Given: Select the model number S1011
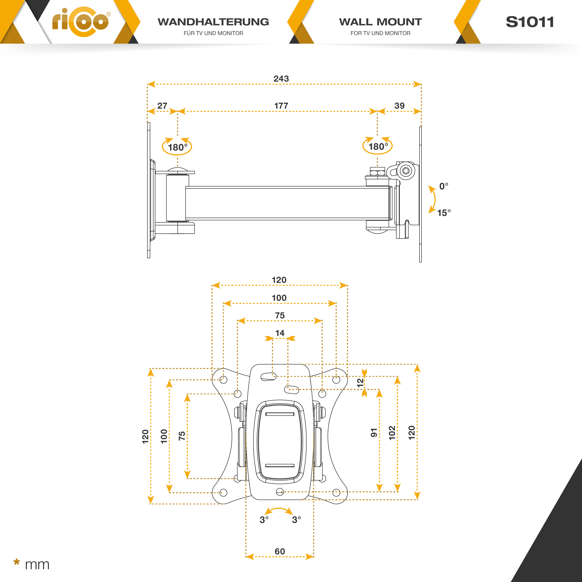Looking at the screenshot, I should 530,22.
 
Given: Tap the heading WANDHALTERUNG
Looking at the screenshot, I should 213,22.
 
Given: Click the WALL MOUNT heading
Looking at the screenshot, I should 380,22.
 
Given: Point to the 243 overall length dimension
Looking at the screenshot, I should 281,79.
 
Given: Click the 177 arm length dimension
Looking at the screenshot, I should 281,106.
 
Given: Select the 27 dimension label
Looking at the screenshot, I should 162,106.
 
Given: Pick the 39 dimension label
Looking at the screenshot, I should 399,106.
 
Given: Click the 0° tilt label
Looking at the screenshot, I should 443,186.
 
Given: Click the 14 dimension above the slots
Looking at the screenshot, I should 280,333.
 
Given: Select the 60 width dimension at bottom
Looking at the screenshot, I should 280,551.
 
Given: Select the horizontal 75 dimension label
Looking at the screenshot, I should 280,315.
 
